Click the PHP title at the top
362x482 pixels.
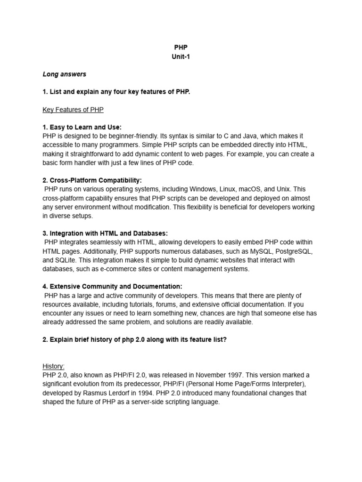pos(181,48)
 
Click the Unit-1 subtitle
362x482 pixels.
pos(181,56)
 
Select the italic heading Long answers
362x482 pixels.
pos(65,74)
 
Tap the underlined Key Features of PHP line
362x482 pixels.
pos(73,109)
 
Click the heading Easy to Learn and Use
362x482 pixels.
pos(82,127)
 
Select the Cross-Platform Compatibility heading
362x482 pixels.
pos(92,180)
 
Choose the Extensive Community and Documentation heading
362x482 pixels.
pos(112,287)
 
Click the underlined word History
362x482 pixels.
pos(54,366)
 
